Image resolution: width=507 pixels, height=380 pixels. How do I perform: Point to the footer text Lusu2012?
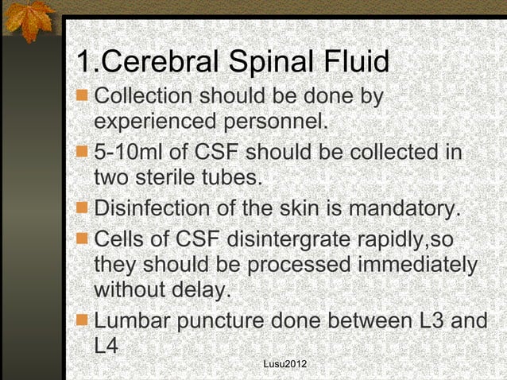[285, 364]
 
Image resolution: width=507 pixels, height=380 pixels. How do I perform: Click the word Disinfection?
[150, 208]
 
